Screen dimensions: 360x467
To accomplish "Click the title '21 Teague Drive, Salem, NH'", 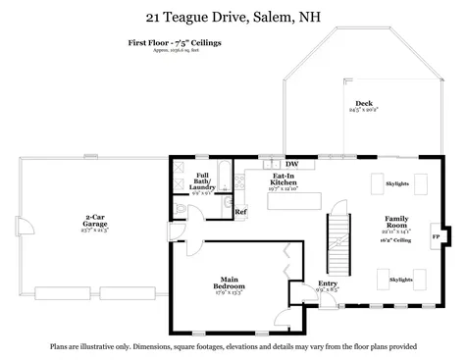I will (233, 16).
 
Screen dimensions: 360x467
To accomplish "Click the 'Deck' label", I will (363, 103).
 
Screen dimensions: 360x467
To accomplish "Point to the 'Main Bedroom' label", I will (228, 285).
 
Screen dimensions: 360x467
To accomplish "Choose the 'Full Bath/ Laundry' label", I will (201, 179).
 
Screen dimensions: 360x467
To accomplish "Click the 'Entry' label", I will (327, 285).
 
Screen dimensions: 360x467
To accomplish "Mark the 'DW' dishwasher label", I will (291, 164).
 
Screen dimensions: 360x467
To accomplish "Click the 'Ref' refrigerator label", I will (240, 212).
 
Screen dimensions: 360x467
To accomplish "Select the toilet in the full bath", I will (225, 204).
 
